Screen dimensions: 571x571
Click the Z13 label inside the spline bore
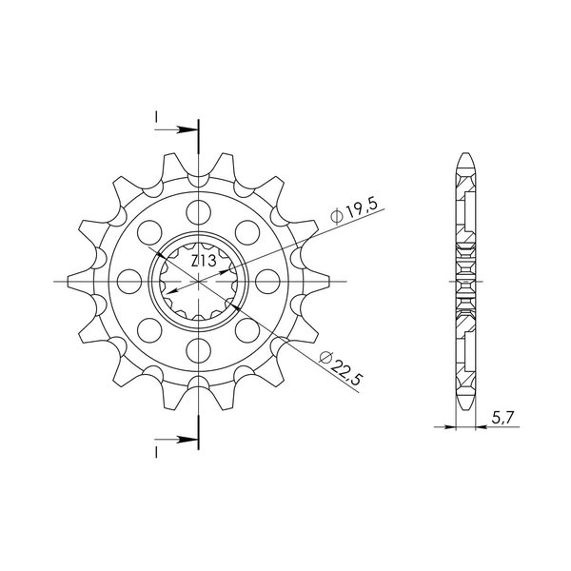(x=204, y=261)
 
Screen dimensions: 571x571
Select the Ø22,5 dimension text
(x=341, y=367)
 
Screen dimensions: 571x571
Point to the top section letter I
(x=156, y=117)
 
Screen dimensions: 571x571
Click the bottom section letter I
(x=156, y=452)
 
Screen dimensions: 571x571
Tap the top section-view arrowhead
(x=187, y=129)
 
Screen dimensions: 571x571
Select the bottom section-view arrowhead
(x=187, y=440)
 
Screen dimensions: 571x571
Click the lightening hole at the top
(x=199, y=212)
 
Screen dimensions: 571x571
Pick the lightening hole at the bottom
(x=199, y=350)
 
